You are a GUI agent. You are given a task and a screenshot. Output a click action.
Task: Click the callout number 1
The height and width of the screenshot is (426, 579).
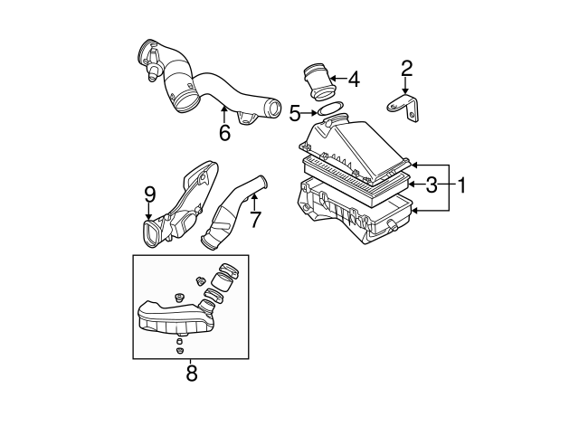(x=461, y=185)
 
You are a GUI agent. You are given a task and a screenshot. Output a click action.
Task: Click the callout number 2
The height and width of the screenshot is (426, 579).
(x=406, y=68)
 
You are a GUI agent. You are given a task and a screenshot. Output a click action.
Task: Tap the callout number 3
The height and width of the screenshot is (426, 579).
(x=432, y=185)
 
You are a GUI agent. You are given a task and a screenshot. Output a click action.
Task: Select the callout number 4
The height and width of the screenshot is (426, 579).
(x=354, y=80)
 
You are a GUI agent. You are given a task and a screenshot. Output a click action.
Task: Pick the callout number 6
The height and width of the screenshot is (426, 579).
(x=224, y=132)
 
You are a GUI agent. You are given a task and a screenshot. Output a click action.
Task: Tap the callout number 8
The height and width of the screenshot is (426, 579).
(x=191, y=372)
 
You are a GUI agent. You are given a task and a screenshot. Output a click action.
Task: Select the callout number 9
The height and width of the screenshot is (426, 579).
(x=150, y=194)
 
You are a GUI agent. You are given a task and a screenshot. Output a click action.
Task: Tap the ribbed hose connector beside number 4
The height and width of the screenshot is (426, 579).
(x=318, y=81)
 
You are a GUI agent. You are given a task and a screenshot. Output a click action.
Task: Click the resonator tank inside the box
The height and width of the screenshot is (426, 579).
(x=172, y=317)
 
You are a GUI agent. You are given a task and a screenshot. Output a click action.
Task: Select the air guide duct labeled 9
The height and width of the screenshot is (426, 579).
(x=185, y=204)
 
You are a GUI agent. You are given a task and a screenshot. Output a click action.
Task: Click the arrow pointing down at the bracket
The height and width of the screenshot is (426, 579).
(x=406, y=86)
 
